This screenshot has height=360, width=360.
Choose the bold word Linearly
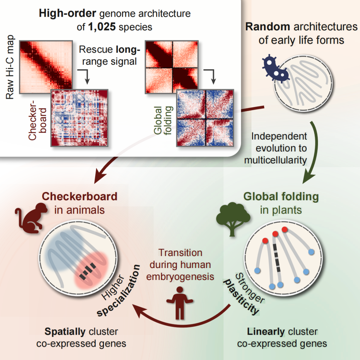click(x=266, y=332)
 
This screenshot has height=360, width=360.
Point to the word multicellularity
click(x=275, y=160)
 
